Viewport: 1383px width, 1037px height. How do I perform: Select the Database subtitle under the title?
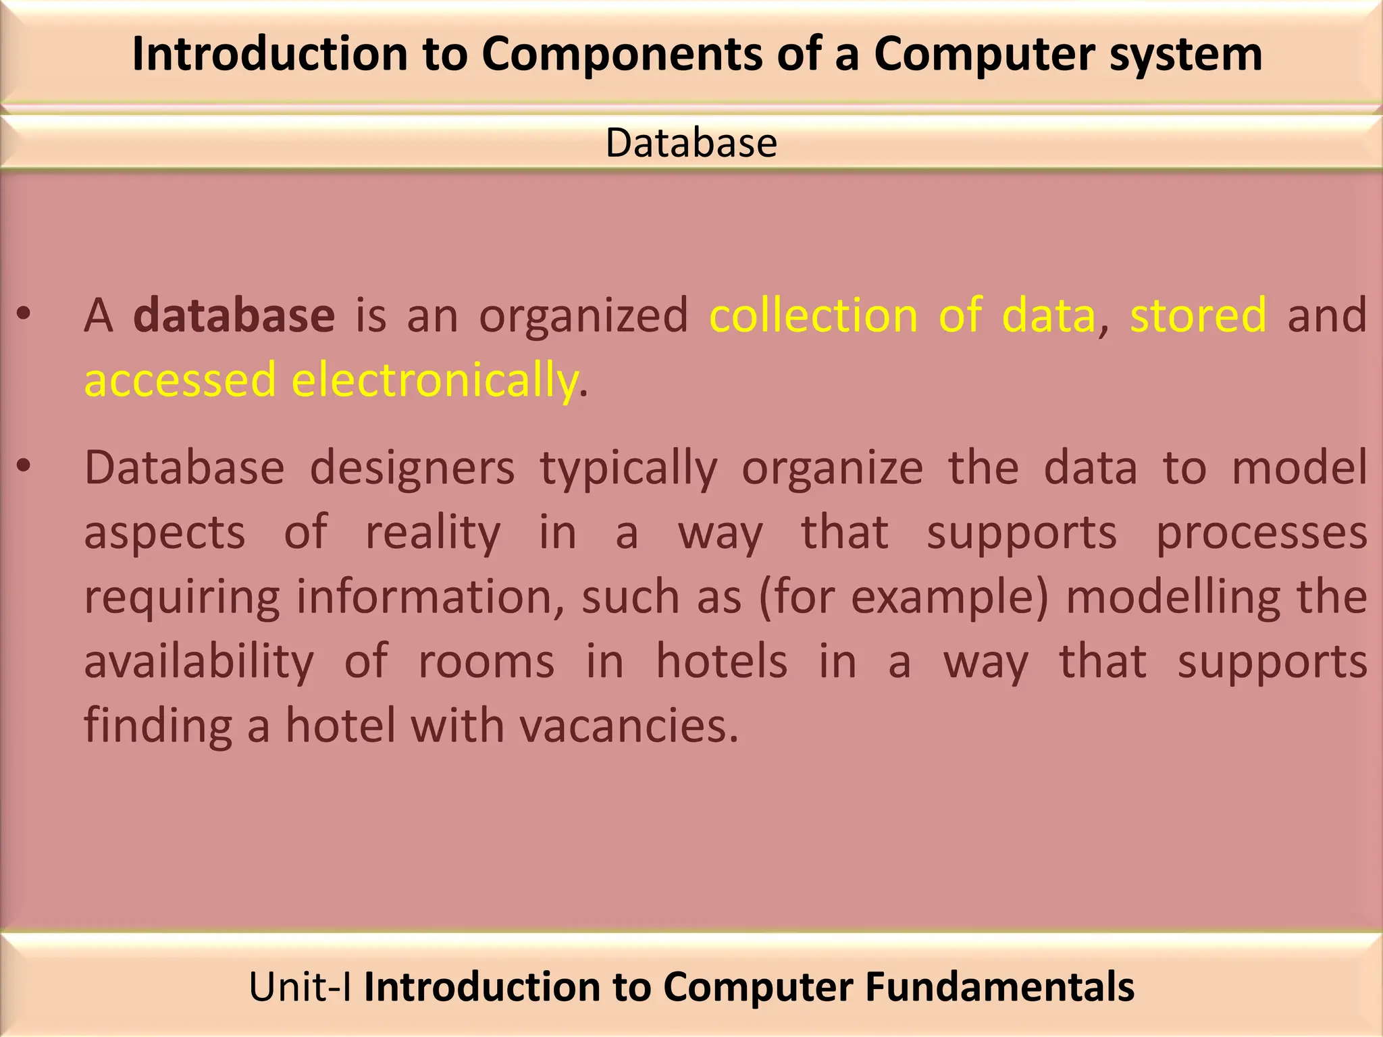point(691,142)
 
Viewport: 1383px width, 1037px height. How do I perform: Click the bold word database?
point(234,315)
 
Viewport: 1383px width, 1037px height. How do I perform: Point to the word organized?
point(583,315)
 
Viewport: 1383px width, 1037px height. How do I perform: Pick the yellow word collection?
point(813,315)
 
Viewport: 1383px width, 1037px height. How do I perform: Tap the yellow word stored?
point(1198,315)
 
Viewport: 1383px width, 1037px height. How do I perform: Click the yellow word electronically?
point(435,379)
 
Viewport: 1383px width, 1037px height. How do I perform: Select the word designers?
point(412,467)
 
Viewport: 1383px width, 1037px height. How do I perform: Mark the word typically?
point(629,469)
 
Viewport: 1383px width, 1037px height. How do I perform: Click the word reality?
point(433,533)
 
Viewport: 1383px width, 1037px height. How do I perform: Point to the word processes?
point(1261,533)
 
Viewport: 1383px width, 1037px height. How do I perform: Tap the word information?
point(430,597)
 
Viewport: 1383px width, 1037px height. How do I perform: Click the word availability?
point(199,662)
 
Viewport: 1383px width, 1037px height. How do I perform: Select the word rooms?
point(486,662)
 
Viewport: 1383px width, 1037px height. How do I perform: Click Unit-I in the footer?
point(300,986)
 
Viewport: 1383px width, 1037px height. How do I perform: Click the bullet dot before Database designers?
point(24,465)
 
